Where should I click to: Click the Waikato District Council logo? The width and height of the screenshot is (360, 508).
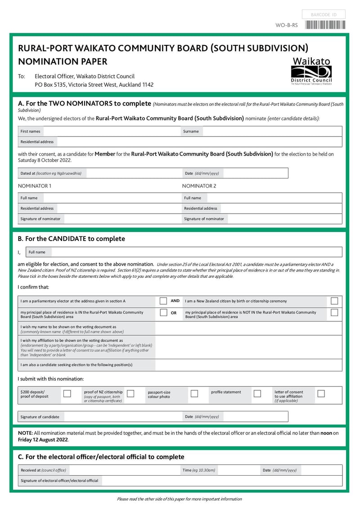pyautogui.click(x=311, y=71)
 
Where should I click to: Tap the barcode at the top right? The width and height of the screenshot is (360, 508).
pyautogui.click(x=325, y=25)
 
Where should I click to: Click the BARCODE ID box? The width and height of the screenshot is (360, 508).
pyautogui.click(x=324, y=15)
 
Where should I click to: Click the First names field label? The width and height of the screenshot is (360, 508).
pyautogui.click(x=31, y=131)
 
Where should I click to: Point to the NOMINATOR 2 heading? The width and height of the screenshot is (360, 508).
pyautogui.click(x=199, y=186)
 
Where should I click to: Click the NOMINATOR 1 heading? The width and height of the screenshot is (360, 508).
pyautogui.click(x=35, y=186)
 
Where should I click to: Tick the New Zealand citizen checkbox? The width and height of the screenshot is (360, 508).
pyautogui.click(x=334, y=301)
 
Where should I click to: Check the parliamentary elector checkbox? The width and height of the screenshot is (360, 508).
pyautogui.click(x=164, y=301)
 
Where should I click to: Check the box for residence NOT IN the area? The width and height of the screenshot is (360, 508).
pyautogui.click(x=334, y=313)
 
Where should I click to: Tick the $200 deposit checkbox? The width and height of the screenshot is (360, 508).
pyautogui.click(x=67, y=394)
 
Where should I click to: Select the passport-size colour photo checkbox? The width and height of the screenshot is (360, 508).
pyautogui.click(x=194, y=394)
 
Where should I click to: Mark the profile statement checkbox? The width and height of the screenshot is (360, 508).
pyautogui.click(x=257, y=394)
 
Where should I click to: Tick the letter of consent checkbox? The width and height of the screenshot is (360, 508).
pyautogui.click(x=321, y=394)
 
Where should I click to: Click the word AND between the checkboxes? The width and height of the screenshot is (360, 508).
pyautogui.click(x=175, y=301)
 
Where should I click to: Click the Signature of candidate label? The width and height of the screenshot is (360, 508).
pyautogui.click(x=40, y=417)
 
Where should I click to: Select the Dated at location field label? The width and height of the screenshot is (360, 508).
pyautogui.click(x=51, y=173)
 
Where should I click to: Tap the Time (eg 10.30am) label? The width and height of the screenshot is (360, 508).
pyautogui.click(x=199, y=470)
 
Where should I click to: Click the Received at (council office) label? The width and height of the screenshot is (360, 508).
pyautogui.click(x=43, y=470)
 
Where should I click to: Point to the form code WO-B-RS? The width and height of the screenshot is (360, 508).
pyautogui.click(x=287, y=25)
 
